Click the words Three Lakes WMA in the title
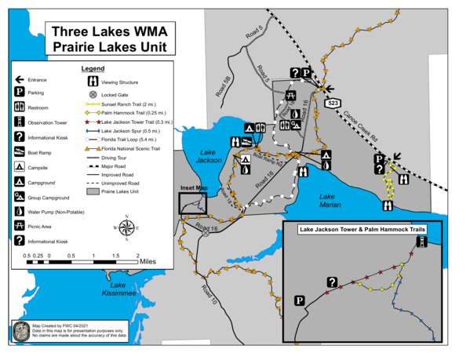point(109,32)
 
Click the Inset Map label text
point(194,188)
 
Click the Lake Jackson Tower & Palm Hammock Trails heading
point(362,231)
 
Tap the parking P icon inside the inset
point(300,300)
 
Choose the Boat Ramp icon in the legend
point(17,153)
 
